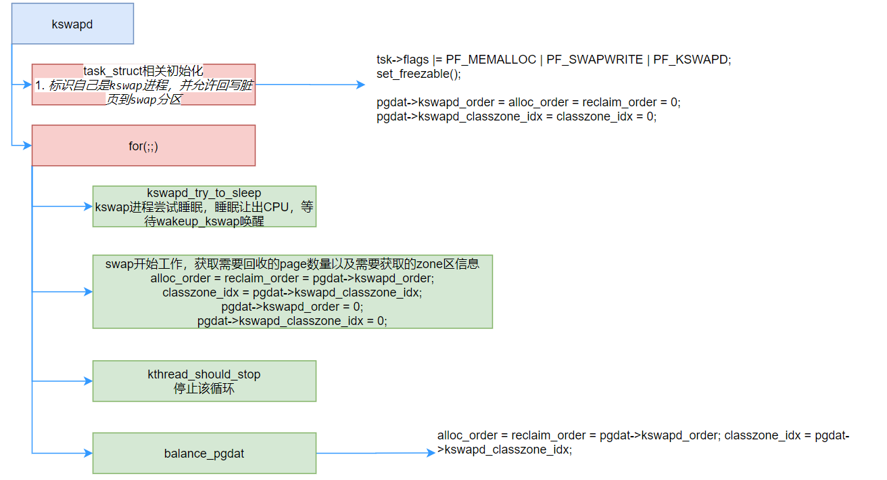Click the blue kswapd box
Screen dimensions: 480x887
[72, 24]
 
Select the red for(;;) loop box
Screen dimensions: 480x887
[143, 146]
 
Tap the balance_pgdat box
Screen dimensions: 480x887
[204, 454]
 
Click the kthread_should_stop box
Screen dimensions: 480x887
[204, 381]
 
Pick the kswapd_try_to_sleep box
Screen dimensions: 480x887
[204, 206]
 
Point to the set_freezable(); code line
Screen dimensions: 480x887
[418, 74]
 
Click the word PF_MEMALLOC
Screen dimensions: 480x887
[491, 60]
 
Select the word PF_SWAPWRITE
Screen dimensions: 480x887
[595, 60]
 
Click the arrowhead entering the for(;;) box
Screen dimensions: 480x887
[27, 146]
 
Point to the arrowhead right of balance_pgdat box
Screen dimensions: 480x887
[431, 453]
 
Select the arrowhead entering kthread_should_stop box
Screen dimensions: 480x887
[88, 381]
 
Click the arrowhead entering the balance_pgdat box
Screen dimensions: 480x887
[88, 453]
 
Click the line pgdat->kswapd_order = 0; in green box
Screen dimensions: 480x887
[292, 307]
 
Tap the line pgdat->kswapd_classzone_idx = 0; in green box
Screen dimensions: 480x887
[292, 321]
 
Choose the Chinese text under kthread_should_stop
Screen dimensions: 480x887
[204, 389]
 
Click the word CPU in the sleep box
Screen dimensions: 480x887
[276, 207]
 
